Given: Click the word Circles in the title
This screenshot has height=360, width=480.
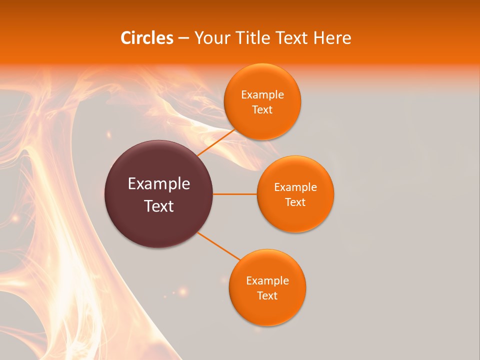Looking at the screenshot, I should click(x=146, y=38).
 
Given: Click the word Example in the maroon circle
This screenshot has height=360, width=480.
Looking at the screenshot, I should click(x=159, y=184).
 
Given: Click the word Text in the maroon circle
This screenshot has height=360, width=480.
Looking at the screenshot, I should click(x=159, y=205).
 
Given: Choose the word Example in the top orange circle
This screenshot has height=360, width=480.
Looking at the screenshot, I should click(x=262, y=94).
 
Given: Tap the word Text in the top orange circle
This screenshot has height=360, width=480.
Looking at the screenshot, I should click(x=262, y=109).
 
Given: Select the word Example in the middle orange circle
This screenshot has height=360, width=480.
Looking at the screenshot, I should click(x=295, y=187).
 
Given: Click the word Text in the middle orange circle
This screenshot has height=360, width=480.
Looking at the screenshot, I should click(x=295, y=202).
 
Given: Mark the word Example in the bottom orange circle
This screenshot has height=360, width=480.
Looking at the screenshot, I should click(x=267, y=280).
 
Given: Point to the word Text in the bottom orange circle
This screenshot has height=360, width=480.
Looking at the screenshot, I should click(x=267, y=295).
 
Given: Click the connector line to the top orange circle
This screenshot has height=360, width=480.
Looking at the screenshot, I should click(x=216, y=142).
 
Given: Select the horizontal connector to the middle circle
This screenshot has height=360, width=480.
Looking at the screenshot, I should click(x=235, y=194).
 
